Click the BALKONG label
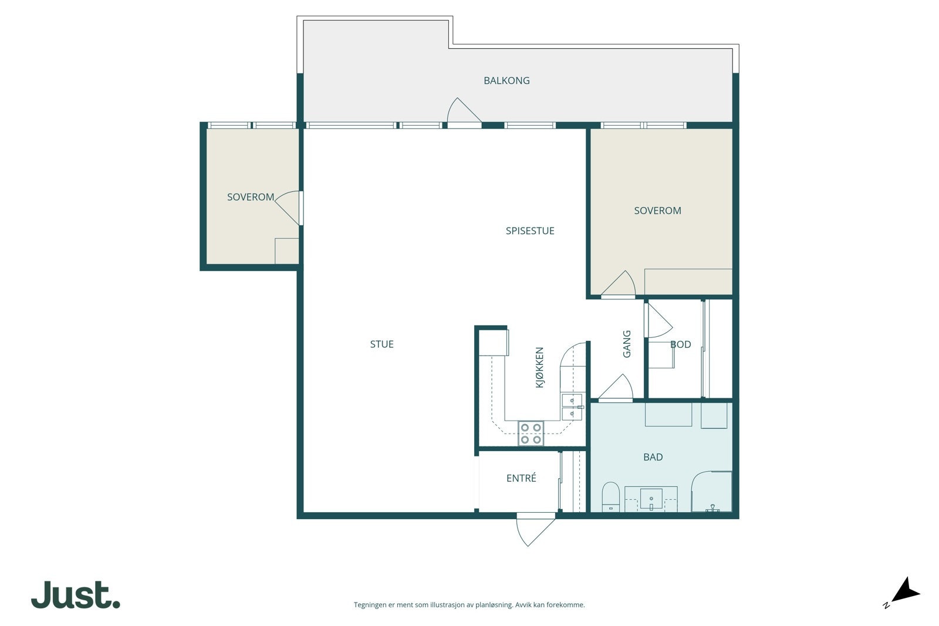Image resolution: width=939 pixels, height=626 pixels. pos(506,80)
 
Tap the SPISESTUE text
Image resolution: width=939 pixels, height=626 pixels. pos(530,231)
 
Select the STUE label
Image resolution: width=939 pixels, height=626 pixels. pos(381,344)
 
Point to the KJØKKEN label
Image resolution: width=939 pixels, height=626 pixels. pos(539,367)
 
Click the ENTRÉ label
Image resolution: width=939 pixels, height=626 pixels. pos(521,478)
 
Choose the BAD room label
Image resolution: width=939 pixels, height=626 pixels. pos(653,457)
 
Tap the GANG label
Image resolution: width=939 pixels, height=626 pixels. pos(627,344)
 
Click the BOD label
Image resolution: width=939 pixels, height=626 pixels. pos(680,344)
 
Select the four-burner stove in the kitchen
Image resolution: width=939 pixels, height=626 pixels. pos(531,433)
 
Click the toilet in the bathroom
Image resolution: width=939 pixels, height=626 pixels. pos(611,497)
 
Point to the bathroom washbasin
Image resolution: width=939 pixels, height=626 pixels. pos(651,499)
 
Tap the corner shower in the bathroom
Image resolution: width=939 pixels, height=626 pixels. pos(711,492)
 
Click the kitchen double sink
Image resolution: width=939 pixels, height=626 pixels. pos(572,407)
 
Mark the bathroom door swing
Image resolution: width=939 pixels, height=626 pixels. pos(616,388)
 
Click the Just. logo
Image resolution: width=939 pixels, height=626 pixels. pos(76,594)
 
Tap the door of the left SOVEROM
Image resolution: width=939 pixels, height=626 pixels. pos(288,208)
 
